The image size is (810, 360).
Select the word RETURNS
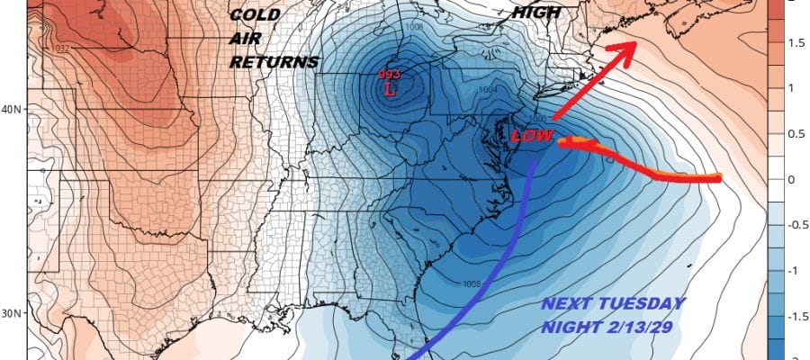tap(274, 62)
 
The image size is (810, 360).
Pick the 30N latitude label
tap(13, 314)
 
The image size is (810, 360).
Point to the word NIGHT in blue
tap(569, 328)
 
